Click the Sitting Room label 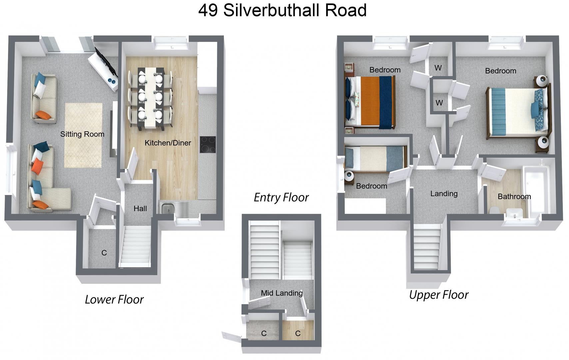pos(82,134)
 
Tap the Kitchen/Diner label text pos(168,143)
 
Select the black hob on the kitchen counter pos(208,144)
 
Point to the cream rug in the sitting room pos(83,135)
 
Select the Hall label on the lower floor pos(140,208)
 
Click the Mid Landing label pos(282,293)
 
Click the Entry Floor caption pos(281,197)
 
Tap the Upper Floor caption pos(438,295)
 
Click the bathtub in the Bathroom pos(535,190)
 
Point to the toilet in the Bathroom pos(494,210)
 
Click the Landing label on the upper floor pos(444,193)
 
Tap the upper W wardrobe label pos(438,68)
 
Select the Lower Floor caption pos(114,299)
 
